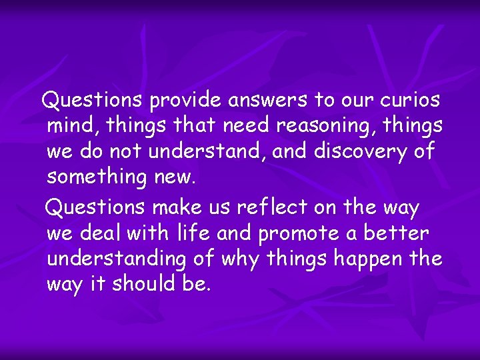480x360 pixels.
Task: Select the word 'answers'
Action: (x=270, y=101)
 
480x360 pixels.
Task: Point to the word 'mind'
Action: (x=71, y=126)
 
